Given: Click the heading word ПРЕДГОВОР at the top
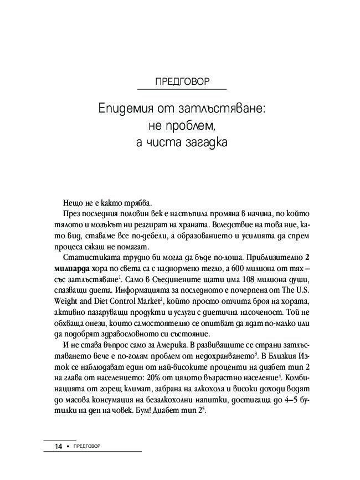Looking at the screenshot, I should (182, 81).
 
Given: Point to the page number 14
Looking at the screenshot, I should (58, 446).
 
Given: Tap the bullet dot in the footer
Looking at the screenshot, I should (68, 446).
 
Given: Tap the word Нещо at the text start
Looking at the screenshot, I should (73, 203).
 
